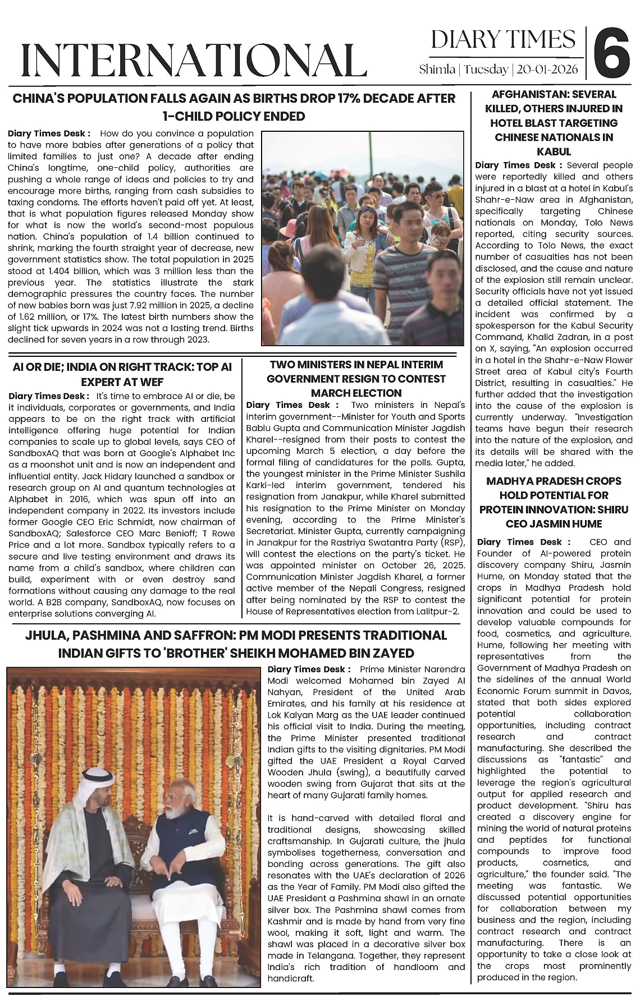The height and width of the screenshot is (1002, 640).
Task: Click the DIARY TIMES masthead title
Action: (x=503, y=40)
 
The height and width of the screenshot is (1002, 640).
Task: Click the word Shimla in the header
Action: (x=437, y=70)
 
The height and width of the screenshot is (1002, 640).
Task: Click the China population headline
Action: (x=234, y=107)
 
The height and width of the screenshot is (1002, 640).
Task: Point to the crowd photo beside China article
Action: (x=363, y=238)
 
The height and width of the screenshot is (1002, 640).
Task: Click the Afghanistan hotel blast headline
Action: (x=554, y=123)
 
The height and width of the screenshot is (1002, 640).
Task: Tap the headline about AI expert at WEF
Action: (x=122, y=374)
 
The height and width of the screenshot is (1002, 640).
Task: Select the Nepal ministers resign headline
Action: (x=356, y=379)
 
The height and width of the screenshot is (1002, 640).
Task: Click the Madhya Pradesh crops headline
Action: (x=554, y=502)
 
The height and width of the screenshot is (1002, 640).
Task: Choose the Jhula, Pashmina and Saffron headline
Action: (x=236, y=644)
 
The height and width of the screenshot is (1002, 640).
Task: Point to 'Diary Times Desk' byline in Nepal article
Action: (x=292, y=405)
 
